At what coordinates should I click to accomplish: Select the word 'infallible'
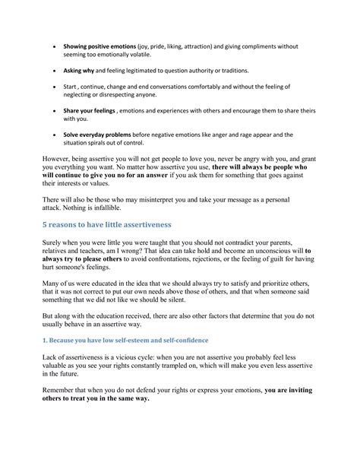(118, 208)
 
